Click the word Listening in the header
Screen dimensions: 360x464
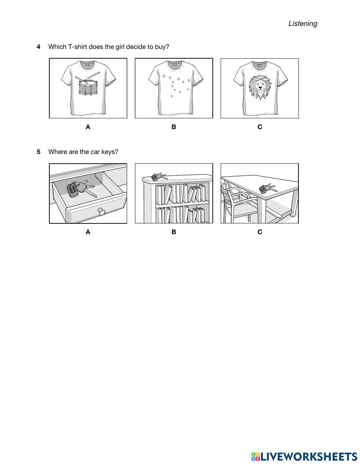coord(303,23)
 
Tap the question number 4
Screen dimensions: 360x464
coord(39,47)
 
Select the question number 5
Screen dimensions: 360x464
coord(39,152)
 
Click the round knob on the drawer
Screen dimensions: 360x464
coord(101,211)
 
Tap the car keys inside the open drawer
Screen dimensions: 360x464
coord(80,189)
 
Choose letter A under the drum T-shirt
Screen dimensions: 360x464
coord(88,127)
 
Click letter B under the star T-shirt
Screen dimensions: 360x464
coord(174,127)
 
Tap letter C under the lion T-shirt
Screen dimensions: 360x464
coord(260,127)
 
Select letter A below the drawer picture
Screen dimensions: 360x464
coord(88,232)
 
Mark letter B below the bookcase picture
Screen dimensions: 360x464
coord(174,232)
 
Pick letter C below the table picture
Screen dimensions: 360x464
coord(260,232)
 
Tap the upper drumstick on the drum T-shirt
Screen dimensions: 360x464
coord(93,75)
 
